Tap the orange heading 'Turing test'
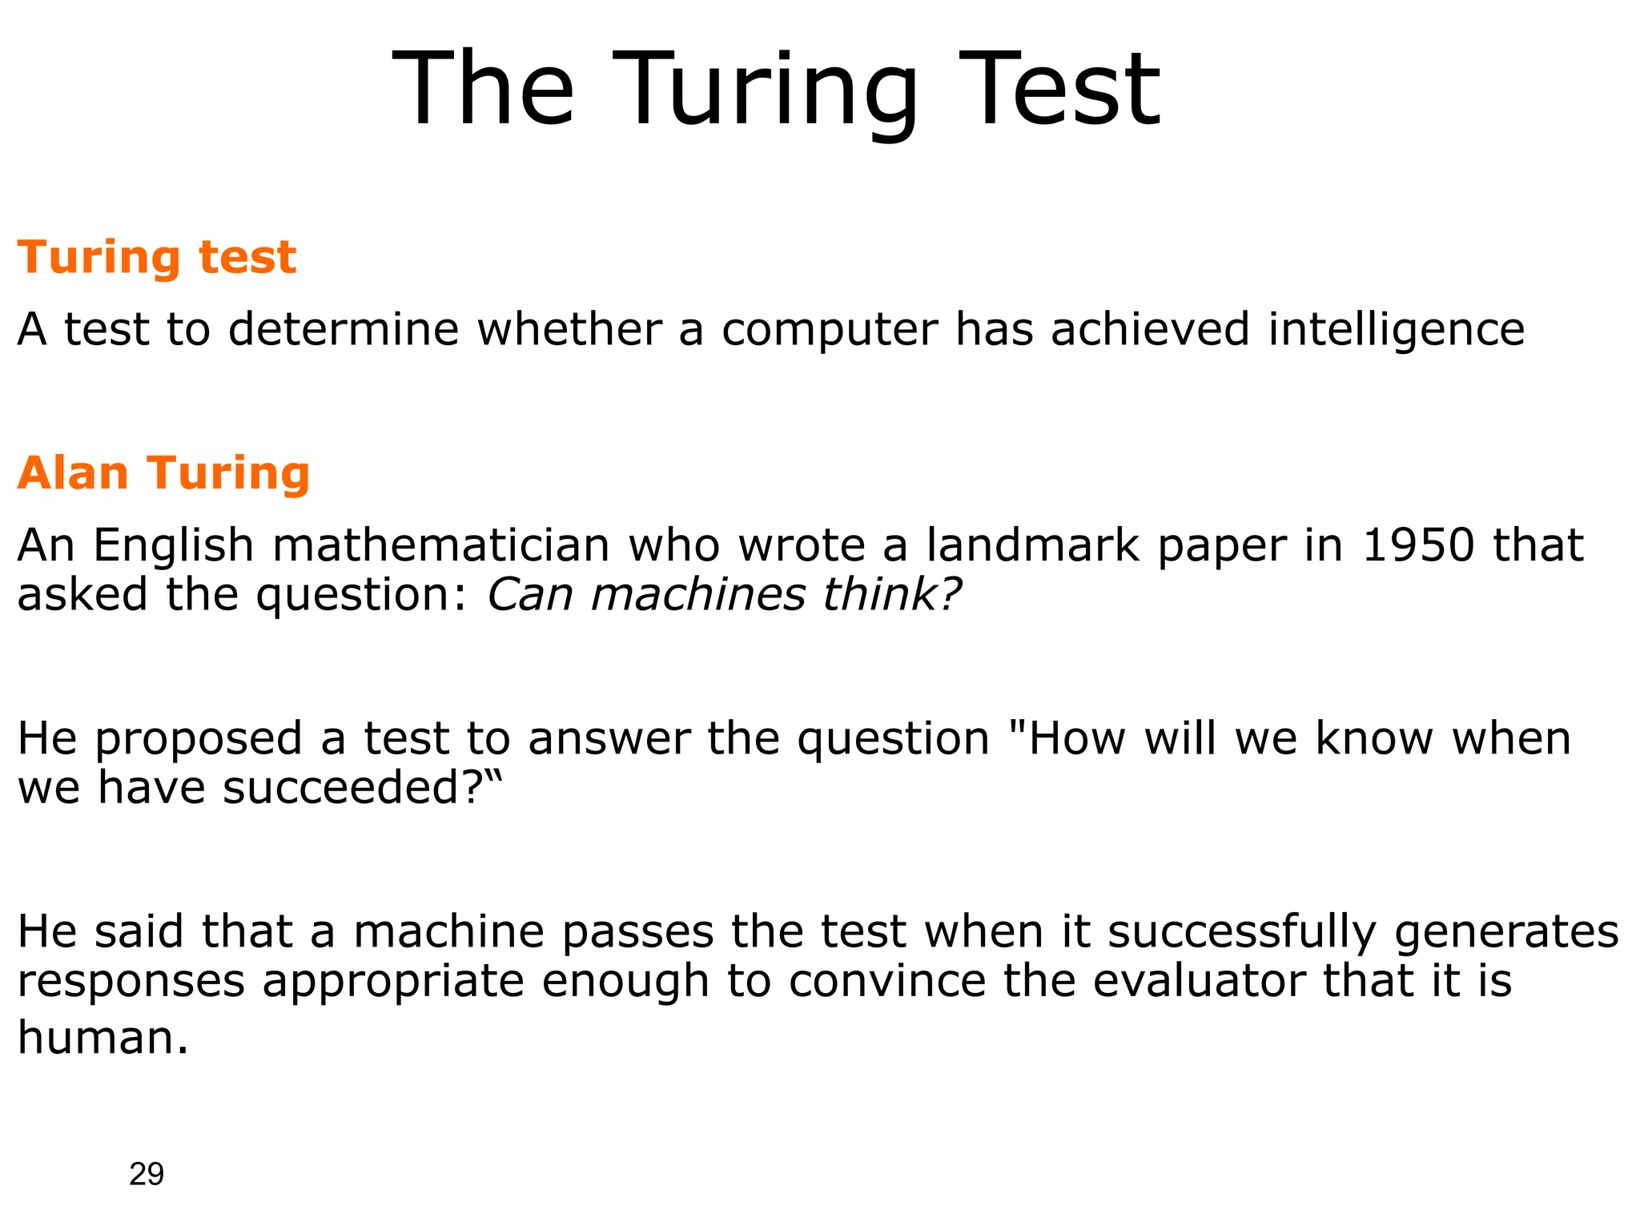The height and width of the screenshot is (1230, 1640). pos(157,258)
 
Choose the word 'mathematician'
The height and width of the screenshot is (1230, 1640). pos(440,545)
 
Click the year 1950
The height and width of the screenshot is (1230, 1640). pos(1418,545)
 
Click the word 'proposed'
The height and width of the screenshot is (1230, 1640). pos(199,740)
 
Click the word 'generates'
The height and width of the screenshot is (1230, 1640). pos(1506,934)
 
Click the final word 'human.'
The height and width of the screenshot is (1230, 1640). pos(102,1038)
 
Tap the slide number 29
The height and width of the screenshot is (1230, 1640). pos(147,1174)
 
